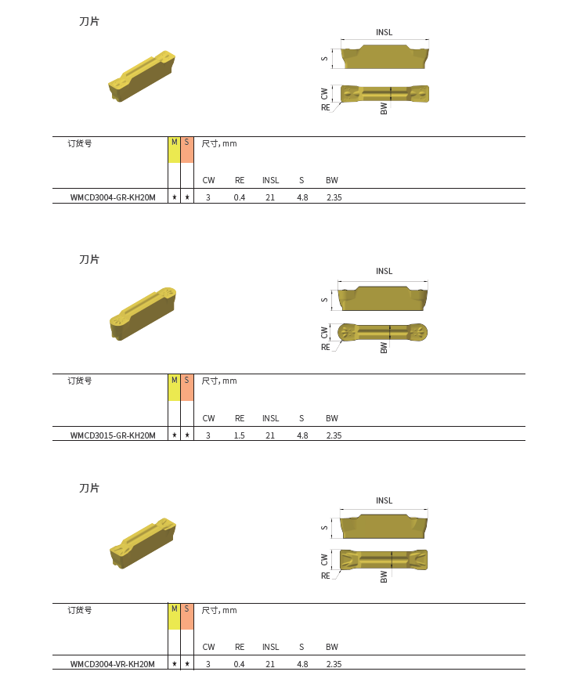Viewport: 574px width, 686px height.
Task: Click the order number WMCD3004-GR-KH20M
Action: tap(113, 197)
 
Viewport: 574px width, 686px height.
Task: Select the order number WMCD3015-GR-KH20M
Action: tap(113, 435)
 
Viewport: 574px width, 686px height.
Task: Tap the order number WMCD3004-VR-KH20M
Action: tap(113, 664)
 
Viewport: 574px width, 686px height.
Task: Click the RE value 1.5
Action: tap(240, 435)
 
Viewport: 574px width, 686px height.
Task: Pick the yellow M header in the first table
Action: tap(174, 150)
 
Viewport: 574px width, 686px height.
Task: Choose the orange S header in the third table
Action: tap(187, 616)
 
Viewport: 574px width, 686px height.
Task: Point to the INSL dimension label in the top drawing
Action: tap(384, 32)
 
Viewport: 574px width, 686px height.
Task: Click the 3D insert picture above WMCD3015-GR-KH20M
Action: tap(143, 314)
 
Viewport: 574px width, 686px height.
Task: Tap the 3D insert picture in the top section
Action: tap(142, 76)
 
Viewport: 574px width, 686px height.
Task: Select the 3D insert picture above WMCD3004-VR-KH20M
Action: tap(143, 543)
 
